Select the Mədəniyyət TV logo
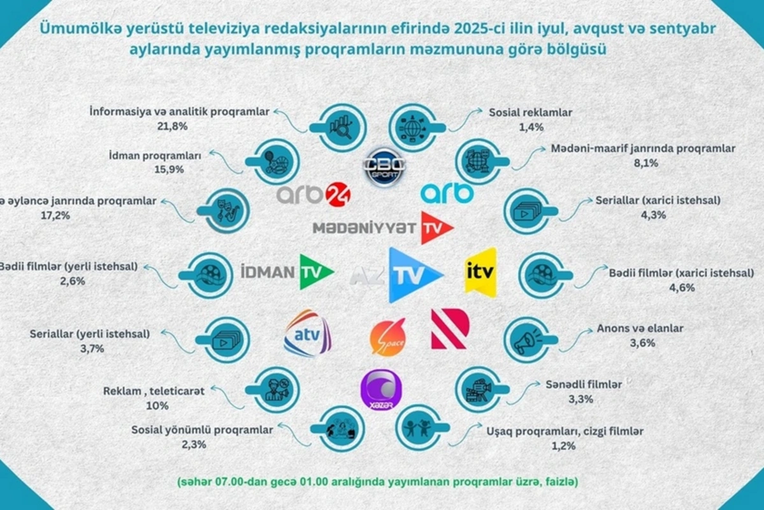coord(383,228)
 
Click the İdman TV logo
coord(288,272)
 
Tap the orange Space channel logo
coord(388,337)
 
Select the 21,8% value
coord(174,126)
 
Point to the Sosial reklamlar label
coord(530,113)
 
